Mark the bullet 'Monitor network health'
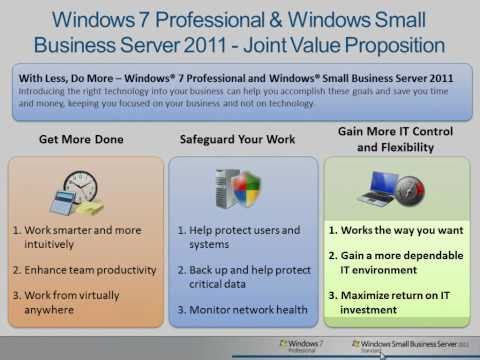(x=240, y=310)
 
